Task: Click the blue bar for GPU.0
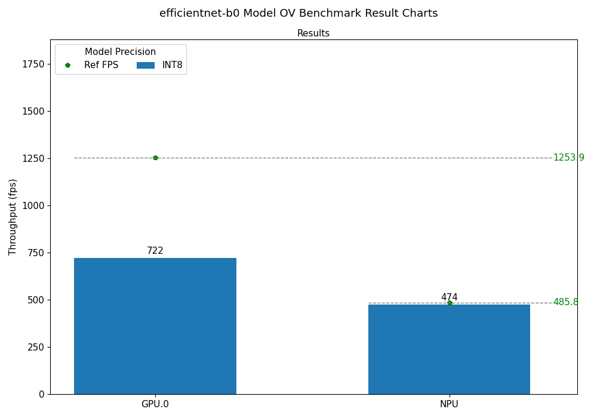(x=155, y=325)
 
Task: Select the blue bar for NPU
(x=449, y=349)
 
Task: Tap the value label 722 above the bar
(x=155, y=251)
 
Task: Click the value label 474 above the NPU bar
(x=449, y=297)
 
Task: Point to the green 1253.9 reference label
(x=568, y=158)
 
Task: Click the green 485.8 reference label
(x=565, y=302)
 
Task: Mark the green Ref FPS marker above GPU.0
(x=155, y=158)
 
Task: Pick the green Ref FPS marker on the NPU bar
(x=450, y=303)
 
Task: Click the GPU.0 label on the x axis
(x=155, y=404)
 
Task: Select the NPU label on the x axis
(x=449, y=404)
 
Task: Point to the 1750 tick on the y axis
(x=33, y=64)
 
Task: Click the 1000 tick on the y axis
(x=33, y=205)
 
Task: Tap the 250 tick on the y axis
(x=36, y=347)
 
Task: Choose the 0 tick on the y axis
(x=42, y=394)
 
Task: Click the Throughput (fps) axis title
(x=13, y=217)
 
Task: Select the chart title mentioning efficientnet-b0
(x=298, y=13)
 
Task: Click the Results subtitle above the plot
(x=313, y=33)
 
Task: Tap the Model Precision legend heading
(x=120, y=52)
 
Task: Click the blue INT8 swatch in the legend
(x=146, y=65)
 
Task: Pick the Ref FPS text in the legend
(x=101, y=65)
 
